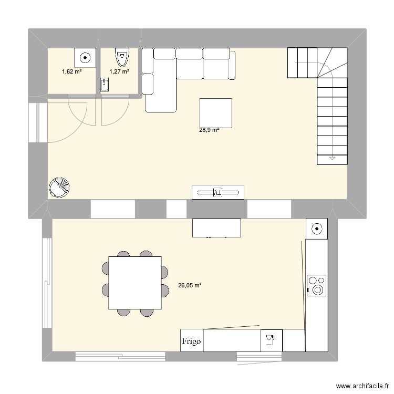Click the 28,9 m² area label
(x=209, y=130)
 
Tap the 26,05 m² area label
(x=191, y=286)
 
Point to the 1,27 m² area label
(x=119, y=71)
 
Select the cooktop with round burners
(x=317, y=285)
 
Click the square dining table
(x=135, y=283)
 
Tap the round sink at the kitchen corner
(x=317, y=229)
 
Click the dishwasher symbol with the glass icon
(x=271, y=340)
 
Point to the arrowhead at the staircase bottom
(x=332, y=158)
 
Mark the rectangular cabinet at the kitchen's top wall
(x=217, y=227)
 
